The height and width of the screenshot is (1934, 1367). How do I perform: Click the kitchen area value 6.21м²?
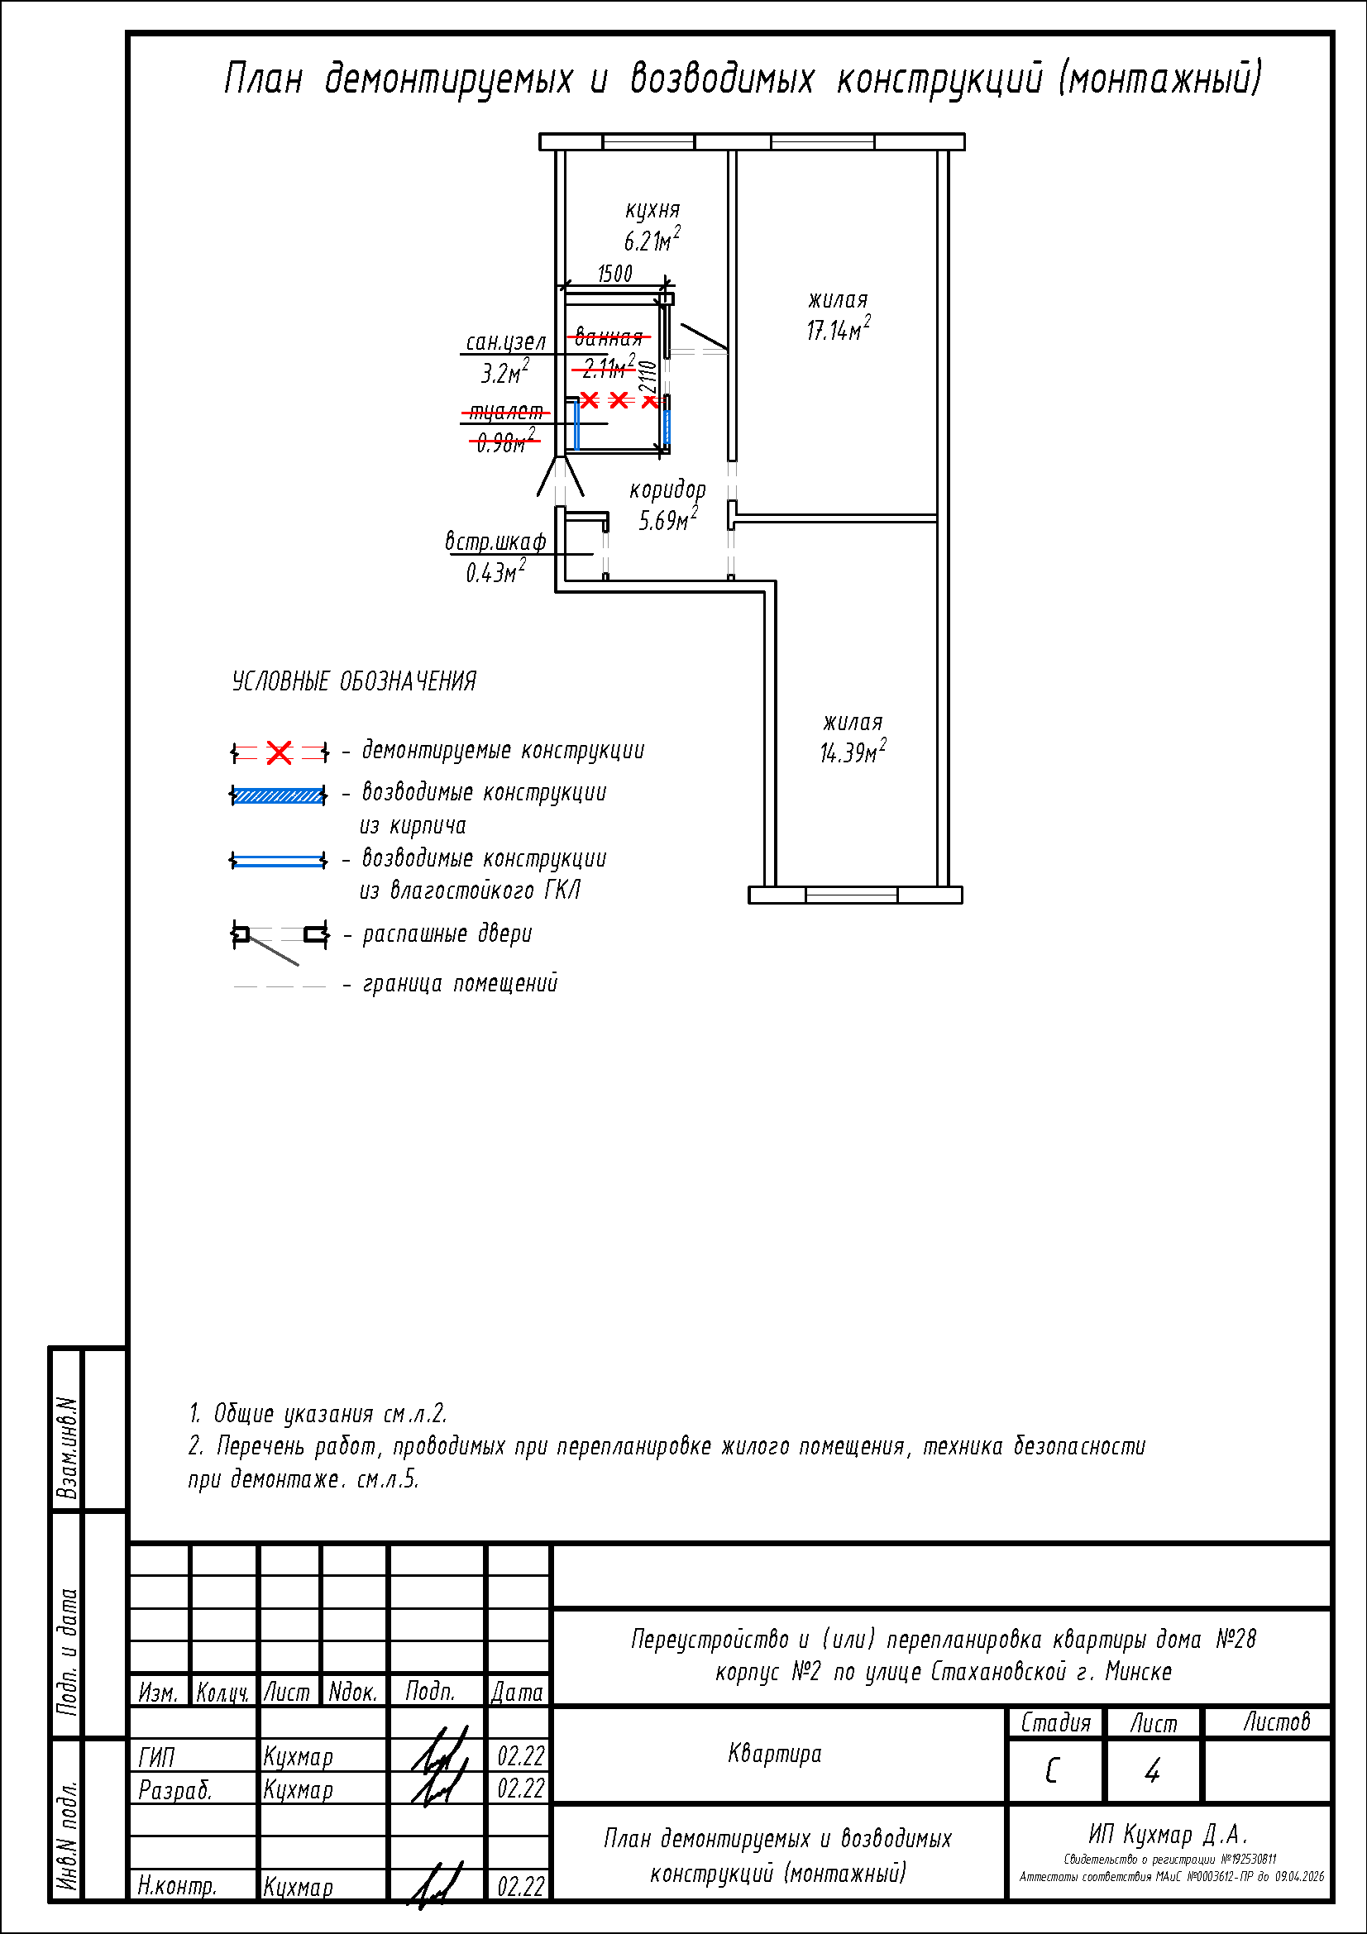click(651, 241)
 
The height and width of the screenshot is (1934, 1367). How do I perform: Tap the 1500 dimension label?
click(614, 274)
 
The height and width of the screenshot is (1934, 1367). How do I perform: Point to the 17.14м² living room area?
click(837, 330)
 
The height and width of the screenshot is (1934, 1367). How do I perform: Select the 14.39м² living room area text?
click(853, 752)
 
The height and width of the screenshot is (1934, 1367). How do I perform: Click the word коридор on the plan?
click(667, 489)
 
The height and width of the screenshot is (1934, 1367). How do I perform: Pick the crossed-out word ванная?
click(608, 338)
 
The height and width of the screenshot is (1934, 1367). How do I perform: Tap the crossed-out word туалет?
click(505, 412)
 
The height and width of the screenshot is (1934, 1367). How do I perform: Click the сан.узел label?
click(505, 342)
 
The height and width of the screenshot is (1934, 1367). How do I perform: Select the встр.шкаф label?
click(495, 542)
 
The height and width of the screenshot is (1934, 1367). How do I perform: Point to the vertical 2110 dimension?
click(647, 376)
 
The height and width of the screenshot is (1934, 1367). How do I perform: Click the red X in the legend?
click(279, 752)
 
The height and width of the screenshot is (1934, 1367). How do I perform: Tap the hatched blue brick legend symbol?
click(278, 795)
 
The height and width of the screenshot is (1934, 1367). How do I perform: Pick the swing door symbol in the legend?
click(279, 939)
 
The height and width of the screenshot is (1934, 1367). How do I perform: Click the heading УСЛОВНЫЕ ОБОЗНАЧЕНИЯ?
click(354, 681)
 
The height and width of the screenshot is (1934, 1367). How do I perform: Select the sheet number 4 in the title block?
click(1152, 1771)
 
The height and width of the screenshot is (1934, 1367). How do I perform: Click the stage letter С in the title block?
click(1052, 1771)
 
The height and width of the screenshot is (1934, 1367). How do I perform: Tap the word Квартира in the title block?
click(774, 1754)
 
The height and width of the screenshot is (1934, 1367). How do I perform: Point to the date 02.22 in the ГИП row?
click(520, 1756)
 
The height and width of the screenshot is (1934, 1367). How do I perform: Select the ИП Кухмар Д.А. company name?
click(1168, 1834)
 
